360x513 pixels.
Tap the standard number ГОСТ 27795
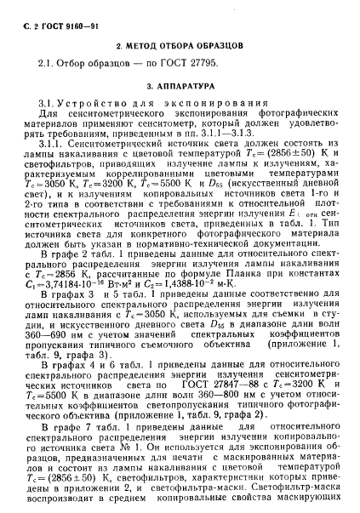tap(210, 64)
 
